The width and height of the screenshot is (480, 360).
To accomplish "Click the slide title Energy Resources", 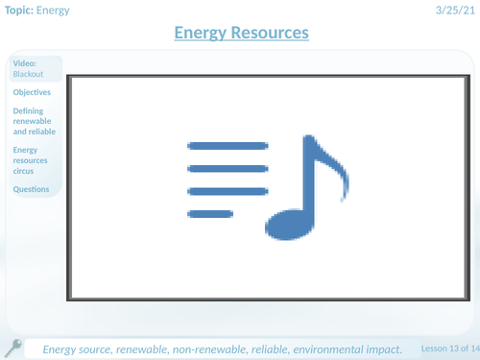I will coord(241,33).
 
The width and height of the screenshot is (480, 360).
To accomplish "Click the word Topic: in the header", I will coord(24,11).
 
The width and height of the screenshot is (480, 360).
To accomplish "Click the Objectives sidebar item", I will coord(34,93).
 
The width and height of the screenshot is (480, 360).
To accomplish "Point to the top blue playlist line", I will coord(228,145).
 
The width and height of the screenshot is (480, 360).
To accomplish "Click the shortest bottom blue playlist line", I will coord(209,213).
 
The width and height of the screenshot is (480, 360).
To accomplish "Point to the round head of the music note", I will coord(287,223).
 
